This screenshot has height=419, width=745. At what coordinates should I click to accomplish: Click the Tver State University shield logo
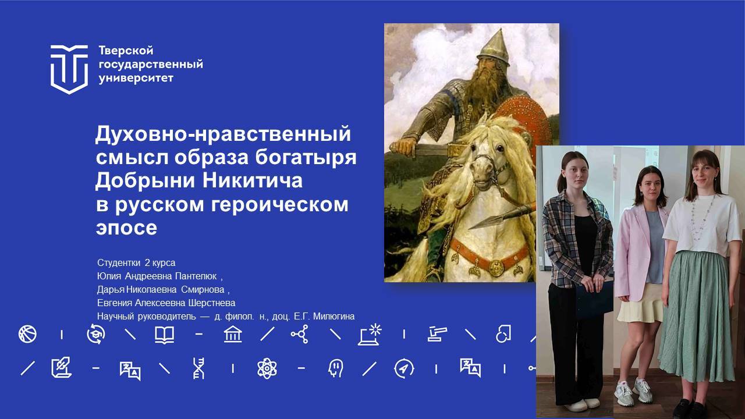pos(69,69)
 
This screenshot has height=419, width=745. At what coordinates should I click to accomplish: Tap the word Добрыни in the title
pos(145,180)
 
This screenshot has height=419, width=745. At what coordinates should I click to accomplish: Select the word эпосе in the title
pos(126,228)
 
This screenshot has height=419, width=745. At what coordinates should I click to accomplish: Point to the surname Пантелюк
pos(196,276)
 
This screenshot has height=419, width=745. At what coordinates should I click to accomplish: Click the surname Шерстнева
pos(212,303)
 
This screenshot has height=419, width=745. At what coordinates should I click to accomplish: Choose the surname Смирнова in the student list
pos(203,290)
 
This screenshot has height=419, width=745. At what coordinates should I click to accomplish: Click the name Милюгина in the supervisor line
pos(334,316)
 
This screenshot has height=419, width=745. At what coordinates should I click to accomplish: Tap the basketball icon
pos(27,334)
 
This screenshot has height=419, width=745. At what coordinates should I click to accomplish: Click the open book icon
pos(164,335)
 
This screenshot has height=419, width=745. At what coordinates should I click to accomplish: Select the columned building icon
pos(233,334)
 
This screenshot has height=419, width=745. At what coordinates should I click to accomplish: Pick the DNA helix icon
pos(199,368)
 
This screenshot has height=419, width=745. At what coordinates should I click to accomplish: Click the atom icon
pos(267,368)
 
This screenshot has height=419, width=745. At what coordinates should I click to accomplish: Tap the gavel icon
pos(437,334)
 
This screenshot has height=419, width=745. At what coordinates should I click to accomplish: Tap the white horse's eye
pos(499,147)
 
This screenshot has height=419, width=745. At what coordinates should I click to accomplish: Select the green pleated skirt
pos(697,316)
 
